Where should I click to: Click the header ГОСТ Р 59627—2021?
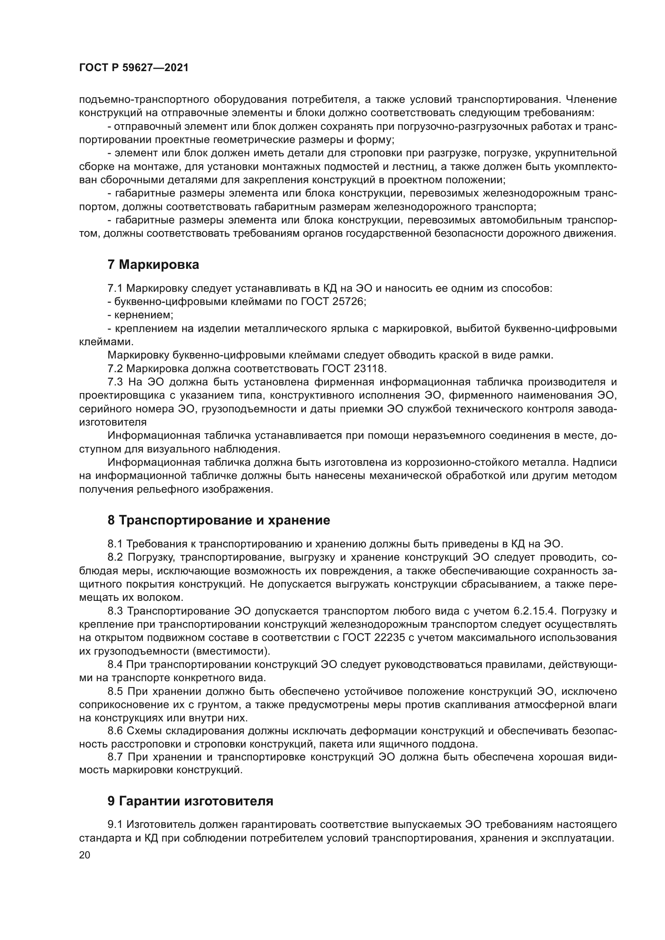click(133, 68)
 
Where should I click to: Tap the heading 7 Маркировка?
click(153, 265)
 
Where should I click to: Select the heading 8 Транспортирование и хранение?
click(219, 520)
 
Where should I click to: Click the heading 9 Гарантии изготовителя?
click(190, 801)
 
